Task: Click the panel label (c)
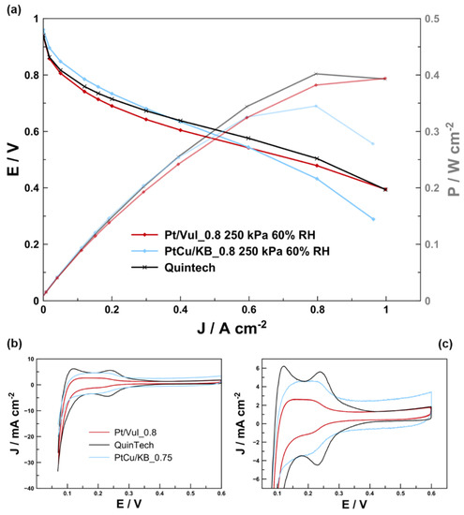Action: pos(452,345)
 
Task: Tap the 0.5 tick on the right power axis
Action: pos(437,19)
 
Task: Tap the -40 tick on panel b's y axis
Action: pos(30,488)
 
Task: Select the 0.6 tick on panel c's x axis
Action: pos(431,493)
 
